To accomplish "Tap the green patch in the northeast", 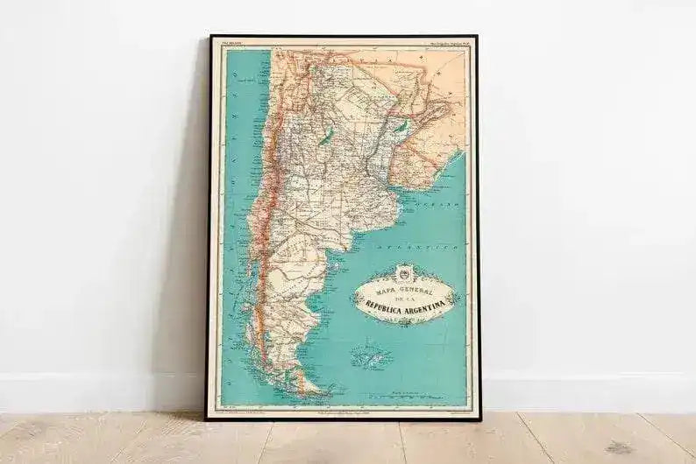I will click(401, 127).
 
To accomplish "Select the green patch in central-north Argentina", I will click(326, 137).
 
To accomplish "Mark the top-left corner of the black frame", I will click(210, 37).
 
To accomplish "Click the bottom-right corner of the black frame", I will click(479, 418).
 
